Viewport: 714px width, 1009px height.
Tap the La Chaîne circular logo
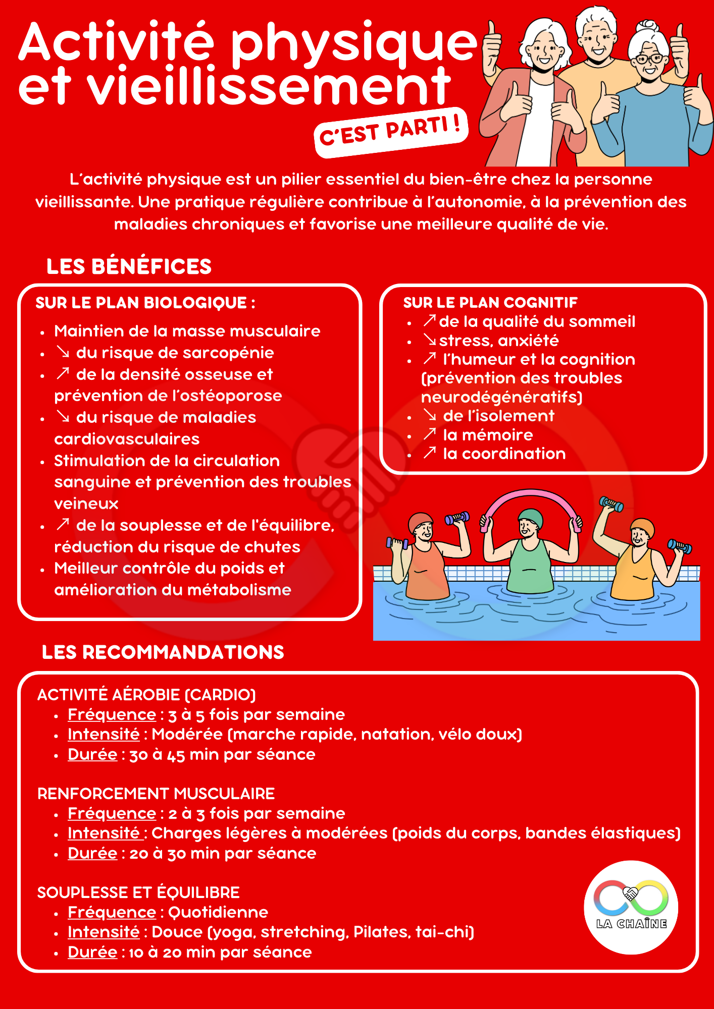pos(631,907)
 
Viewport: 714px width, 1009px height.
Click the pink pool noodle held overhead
pos(530,499)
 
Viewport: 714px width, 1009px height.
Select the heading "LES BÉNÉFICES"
pos(129,266)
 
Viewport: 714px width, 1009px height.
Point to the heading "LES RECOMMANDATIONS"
pos(163,652)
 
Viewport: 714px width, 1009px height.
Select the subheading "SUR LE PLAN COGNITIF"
pos(490,302)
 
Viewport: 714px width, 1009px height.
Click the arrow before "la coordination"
pos(430,453)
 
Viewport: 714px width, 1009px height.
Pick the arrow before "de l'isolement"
pos(430,415)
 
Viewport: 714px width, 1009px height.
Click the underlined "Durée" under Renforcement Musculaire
pos(92,853)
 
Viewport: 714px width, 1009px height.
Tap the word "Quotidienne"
pos(218,912)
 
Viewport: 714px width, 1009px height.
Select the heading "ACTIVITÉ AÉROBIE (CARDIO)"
pos(146,695)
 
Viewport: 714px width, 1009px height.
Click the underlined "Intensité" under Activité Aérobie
pos(104,734)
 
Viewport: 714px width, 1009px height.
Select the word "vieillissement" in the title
pos(269,87)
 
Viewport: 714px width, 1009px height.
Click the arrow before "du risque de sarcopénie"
pos(63,352)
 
